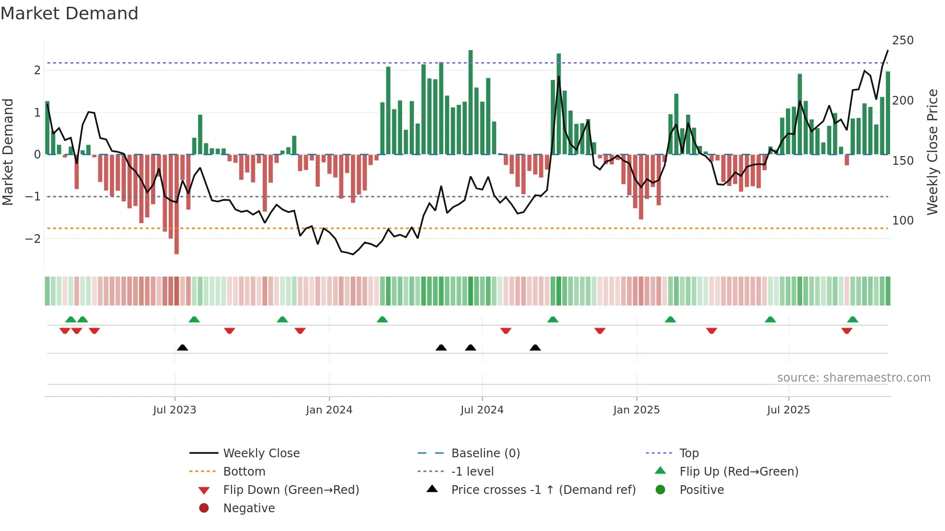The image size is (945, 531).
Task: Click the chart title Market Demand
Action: click(69, 13)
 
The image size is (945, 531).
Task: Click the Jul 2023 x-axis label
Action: click(175, 410)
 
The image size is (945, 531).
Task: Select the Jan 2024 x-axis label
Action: click(329, 410)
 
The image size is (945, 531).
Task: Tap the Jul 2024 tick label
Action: click(482, 410)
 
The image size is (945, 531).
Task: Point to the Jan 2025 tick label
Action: click(636, 410)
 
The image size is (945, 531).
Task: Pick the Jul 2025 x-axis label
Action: click(788, 410)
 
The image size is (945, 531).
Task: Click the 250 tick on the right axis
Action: click(903, 40)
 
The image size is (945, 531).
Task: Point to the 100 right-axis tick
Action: click(903, 221)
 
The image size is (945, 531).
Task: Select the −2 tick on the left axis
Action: click(33, 239)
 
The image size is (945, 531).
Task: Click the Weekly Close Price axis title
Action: click(932, 152)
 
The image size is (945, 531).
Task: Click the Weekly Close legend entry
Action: click(261, 453)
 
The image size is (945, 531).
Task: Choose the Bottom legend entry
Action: click(244, 472)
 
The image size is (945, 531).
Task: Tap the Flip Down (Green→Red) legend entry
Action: click(291, 490)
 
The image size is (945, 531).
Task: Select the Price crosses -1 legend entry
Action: click(543, 490)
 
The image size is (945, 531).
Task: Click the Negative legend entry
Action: click(249, 508)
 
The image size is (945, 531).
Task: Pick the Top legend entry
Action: click(688, 453)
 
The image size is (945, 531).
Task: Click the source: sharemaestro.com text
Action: click(853, 378)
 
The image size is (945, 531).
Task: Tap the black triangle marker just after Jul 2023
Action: click(182, 348)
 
